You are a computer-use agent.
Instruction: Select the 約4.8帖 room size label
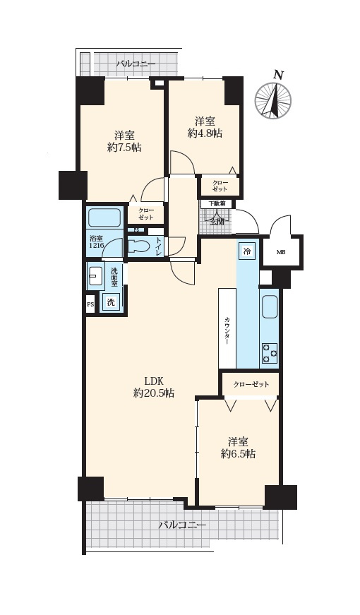tap(205, 133)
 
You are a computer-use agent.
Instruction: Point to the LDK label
tap(154, 380)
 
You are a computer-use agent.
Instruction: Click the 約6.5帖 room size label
tap(238, 454)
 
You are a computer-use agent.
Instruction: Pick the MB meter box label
tap(281, 252)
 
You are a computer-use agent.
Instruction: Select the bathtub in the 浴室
tap(104, 217)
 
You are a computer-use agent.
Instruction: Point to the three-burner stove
tap(270, 352)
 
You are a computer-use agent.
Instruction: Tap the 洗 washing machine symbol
tap(111, 302)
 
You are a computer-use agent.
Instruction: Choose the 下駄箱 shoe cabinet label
tap(216, 204)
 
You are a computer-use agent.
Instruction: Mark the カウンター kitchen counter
tap(227, 328)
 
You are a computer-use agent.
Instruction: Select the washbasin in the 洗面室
tap(95, 276)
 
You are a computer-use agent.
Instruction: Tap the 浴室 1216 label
tap(97, 241)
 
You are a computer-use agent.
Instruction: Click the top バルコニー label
tap(136, 64)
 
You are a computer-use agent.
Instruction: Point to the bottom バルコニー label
tap(182, 525)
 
